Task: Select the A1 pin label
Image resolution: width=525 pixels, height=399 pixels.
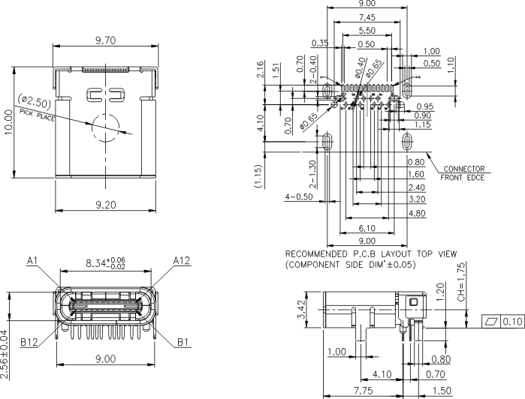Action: pos(32,260)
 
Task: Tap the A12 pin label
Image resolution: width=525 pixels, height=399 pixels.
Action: pos(182,260)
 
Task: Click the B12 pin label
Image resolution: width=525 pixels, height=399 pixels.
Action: pos(29,342)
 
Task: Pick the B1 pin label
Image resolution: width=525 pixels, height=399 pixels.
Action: pos(183,342)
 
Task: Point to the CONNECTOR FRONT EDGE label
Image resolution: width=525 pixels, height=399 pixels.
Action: pos(463,173)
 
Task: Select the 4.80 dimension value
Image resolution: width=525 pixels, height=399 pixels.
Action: pos(416,214)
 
